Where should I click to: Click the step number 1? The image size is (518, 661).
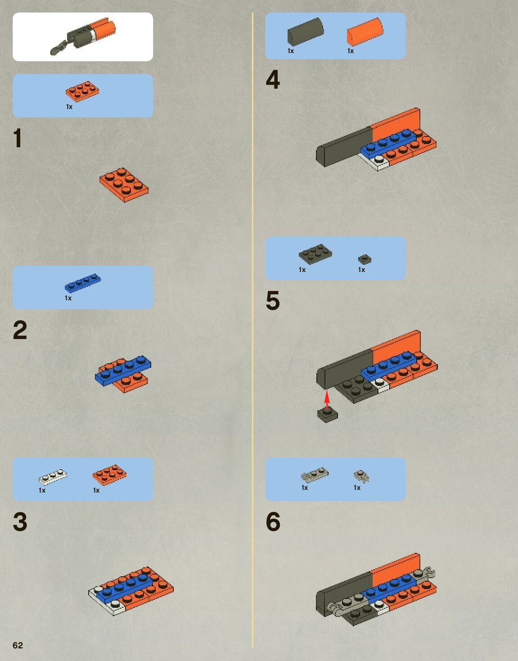tap(18, 138)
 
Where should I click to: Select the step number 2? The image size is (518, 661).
tap(20, 330)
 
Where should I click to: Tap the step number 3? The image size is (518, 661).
tap(20, 521)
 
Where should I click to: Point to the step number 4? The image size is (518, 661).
tap(273, 79)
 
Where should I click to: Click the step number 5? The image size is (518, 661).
tap(273, 300)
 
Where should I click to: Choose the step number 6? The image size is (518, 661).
tap(273, 521)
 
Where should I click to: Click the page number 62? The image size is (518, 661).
tap(18, 645)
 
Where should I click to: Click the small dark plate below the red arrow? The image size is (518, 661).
tap(327, 415)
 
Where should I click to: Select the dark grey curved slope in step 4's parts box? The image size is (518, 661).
tap(306, 32)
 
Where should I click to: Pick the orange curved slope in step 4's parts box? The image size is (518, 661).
tap(365, 32)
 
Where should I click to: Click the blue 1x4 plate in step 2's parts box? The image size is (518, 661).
tap(83, 283)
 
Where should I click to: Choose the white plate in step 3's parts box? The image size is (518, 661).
tap(53, 476)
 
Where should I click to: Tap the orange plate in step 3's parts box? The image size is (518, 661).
tap(110, 475)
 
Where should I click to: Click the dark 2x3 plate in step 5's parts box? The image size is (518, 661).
tap(315, 254)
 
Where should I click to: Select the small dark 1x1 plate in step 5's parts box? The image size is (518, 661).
tap(365, 259)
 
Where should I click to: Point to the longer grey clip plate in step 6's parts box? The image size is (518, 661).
tap(315, 475)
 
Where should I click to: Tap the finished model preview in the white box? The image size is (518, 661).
tap(83, 37)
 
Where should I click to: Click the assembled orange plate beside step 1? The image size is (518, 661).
tap(124, 185)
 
